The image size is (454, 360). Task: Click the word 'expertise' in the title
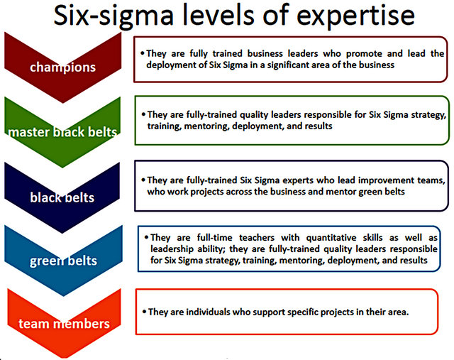point(355,16)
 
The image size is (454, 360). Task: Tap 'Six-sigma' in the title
point(113,16)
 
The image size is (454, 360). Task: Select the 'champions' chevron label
point(63,67)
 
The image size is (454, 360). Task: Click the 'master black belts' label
point(63,132)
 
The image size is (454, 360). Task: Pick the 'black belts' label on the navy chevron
point(62,197)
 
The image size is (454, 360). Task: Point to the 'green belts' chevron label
point(63,261)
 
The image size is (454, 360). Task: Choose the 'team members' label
point(64,324)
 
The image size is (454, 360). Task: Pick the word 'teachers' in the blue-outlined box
point(257,238)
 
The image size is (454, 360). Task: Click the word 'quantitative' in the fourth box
point(331,238)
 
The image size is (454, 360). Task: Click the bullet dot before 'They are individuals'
point(144,312)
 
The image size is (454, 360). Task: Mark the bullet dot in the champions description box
point(142,53)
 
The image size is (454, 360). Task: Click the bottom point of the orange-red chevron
point(64,359)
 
